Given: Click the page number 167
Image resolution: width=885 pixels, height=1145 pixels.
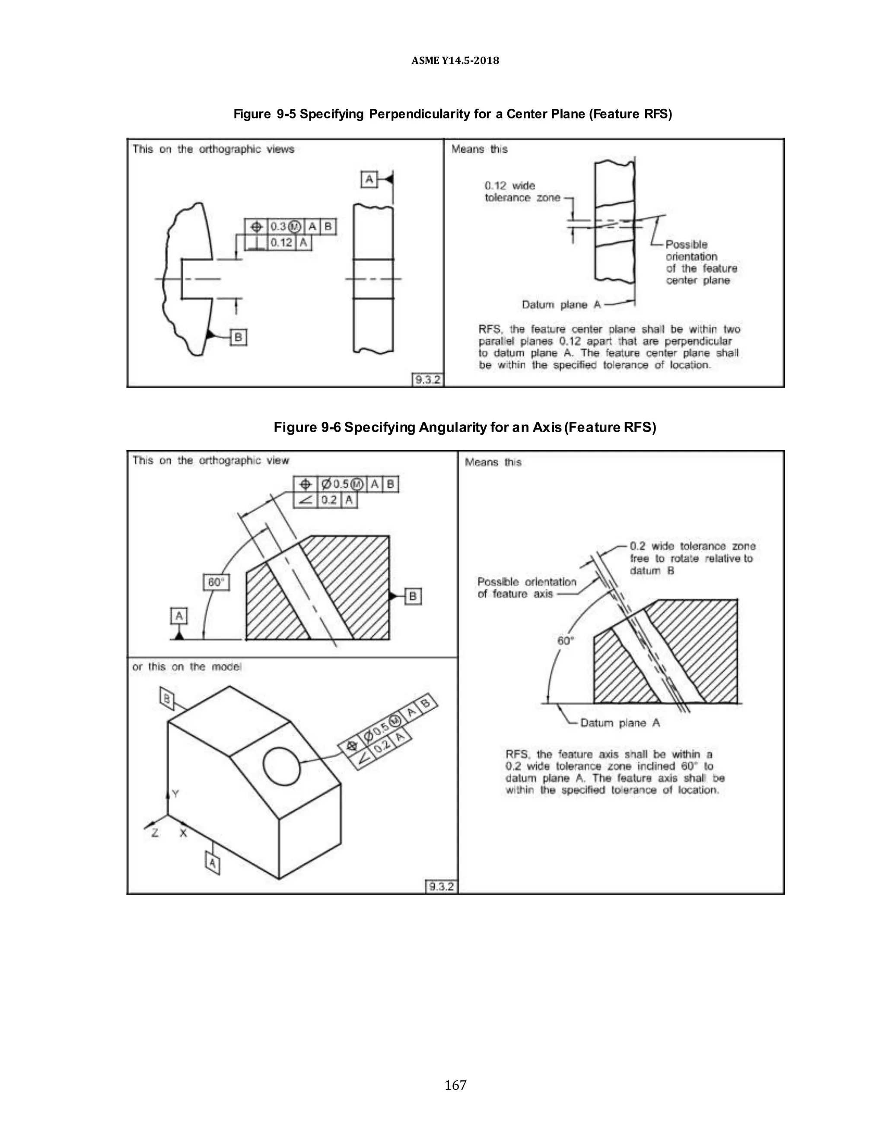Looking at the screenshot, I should coord(455,1085).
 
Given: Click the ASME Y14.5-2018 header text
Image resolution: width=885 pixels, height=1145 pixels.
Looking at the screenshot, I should coord(455,60).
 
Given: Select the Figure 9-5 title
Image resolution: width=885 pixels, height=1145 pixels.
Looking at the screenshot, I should coord(452,114).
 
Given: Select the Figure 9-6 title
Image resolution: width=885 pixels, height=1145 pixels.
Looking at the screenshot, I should coord(465,427).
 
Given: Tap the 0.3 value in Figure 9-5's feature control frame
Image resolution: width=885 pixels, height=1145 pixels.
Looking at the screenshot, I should coord(278,226).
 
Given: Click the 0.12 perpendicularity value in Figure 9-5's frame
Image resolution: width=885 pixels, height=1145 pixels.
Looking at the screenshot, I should coord(282,243).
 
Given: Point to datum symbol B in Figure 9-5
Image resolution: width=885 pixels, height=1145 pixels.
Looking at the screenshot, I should coord(238,337).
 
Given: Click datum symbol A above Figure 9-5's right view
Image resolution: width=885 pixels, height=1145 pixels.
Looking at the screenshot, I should coord(369,180).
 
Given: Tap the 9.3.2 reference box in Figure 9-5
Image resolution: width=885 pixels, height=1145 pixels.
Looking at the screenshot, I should coord(428,379).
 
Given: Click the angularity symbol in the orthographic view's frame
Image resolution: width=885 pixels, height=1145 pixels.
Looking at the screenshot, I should coord(305,499).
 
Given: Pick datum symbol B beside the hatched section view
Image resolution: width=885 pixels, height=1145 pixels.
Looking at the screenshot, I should coord(413,596).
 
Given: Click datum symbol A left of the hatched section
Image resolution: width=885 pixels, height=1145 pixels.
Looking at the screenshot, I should coord(179,616).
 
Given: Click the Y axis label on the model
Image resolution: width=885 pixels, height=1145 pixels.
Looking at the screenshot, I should coord(175,794).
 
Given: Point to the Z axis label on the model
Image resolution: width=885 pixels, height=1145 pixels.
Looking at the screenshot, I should coord(155,833).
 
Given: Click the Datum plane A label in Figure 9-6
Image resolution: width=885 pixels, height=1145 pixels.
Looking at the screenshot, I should coord(620,723).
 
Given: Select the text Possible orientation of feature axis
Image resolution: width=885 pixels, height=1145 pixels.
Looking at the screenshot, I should coord(526,588).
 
